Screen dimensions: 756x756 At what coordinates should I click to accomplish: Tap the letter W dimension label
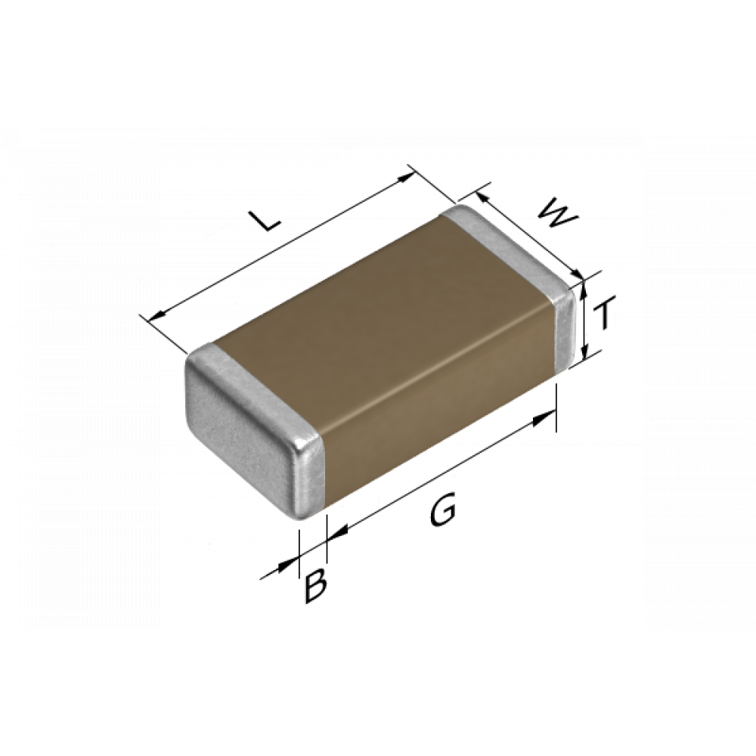(557, 214)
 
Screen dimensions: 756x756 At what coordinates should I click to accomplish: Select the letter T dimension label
(603, 314)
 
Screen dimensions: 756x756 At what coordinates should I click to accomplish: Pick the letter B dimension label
(316, 585)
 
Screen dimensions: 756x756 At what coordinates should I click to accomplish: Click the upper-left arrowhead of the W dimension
(482, 197)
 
